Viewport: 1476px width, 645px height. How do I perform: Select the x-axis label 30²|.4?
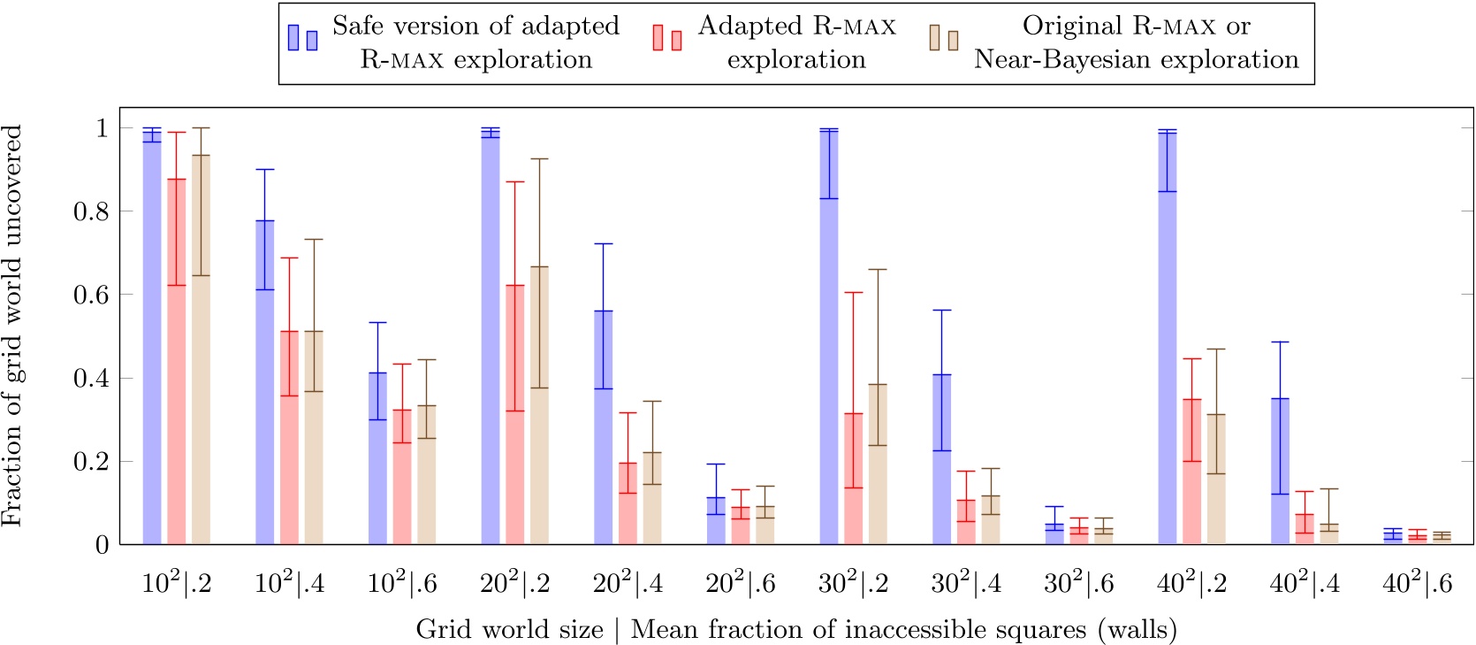point(966,584)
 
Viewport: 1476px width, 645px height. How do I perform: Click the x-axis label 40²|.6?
point(1417,584)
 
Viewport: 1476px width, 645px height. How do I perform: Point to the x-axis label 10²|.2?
point(177,584)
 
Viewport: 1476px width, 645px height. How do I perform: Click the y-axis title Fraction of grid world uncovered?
point(12,326)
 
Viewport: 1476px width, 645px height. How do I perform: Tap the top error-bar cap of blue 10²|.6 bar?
point(377,322)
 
